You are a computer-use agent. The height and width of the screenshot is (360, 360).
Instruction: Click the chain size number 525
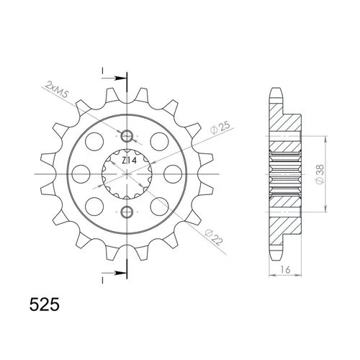[x=45, y=305]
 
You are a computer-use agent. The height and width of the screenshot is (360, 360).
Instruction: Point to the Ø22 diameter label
[x=214, y=238]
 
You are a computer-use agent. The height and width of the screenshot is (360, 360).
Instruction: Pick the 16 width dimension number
[x=285, y=269]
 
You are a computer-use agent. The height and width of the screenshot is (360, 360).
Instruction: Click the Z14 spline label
[x=129, y=161]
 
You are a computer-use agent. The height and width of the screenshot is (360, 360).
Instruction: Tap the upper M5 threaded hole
[x=127, y=136]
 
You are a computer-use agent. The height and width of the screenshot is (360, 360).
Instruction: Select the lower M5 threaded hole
[x=127, y=212]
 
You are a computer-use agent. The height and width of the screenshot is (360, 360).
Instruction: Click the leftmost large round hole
[x=81, y=174]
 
